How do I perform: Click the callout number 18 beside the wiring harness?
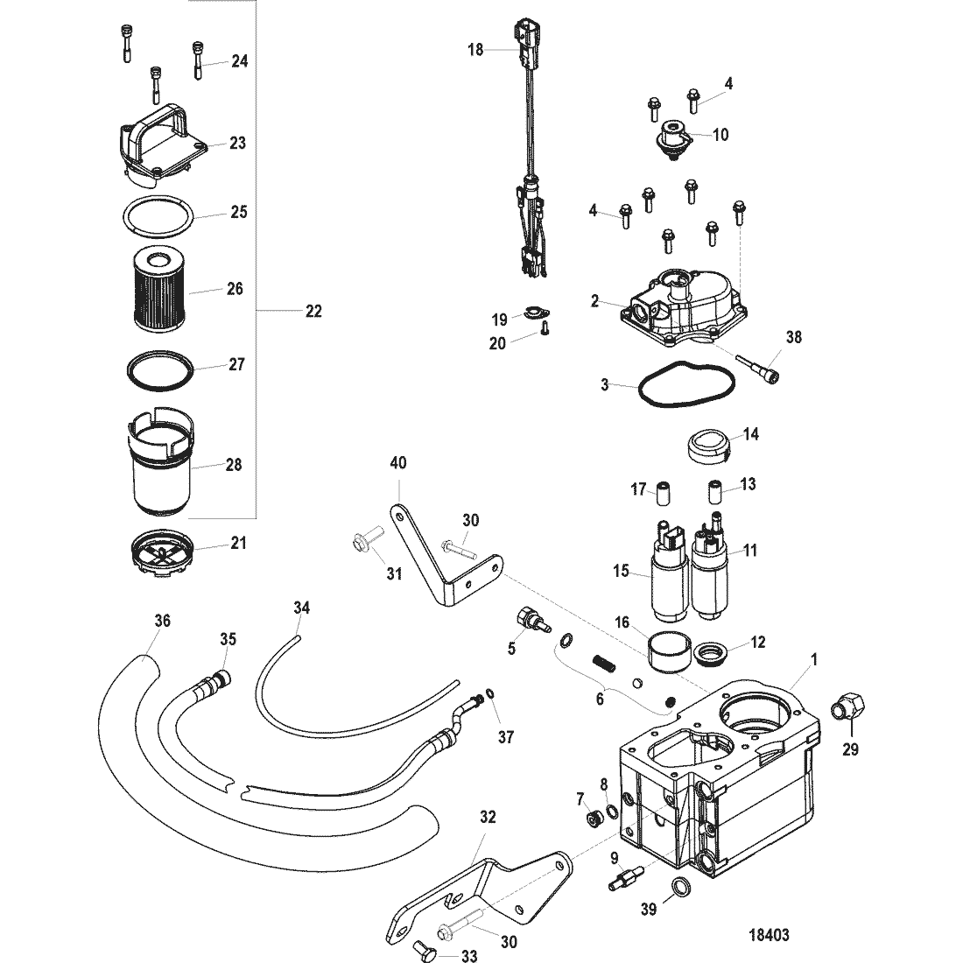475,50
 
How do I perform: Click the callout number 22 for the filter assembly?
313,311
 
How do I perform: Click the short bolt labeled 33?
422,949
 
